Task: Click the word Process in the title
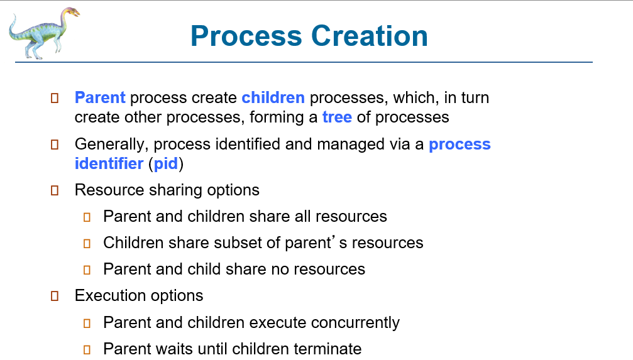point(246,36)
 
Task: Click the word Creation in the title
point(370,36)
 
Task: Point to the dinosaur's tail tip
point(14,15)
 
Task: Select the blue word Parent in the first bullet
point(100,97)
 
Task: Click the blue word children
point(273,97)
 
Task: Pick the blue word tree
point(337,117)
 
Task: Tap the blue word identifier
point(109,163)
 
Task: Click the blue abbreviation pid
point(166,164)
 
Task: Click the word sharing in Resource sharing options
point(175,190)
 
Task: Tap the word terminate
point(328,349)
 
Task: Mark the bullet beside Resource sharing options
point(55,190)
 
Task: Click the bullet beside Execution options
point(55,297)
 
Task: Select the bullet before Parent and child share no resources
point(87,270)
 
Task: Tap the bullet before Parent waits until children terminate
point(87,349)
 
